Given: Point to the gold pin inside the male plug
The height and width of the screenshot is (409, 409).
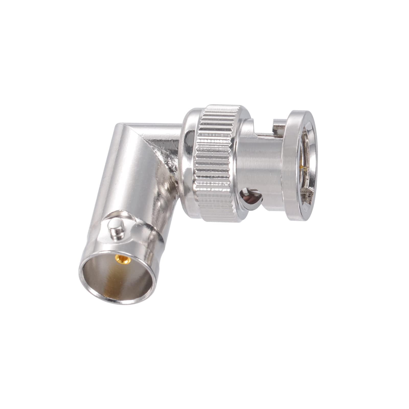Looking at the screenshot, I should click(303, 168).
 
